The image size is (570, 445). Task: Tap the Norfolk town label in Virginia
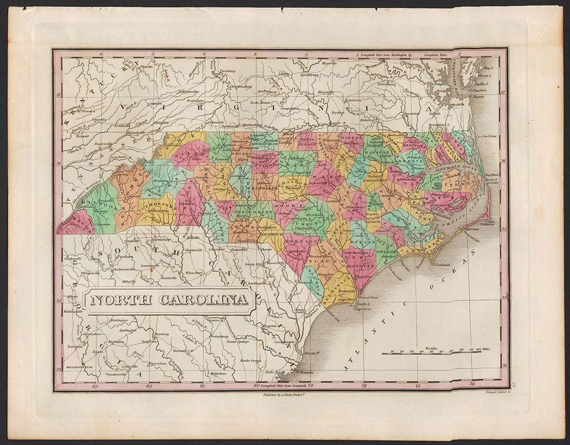point(457,104)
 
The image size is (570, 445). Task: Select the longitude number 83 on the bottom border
point(94,386)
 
